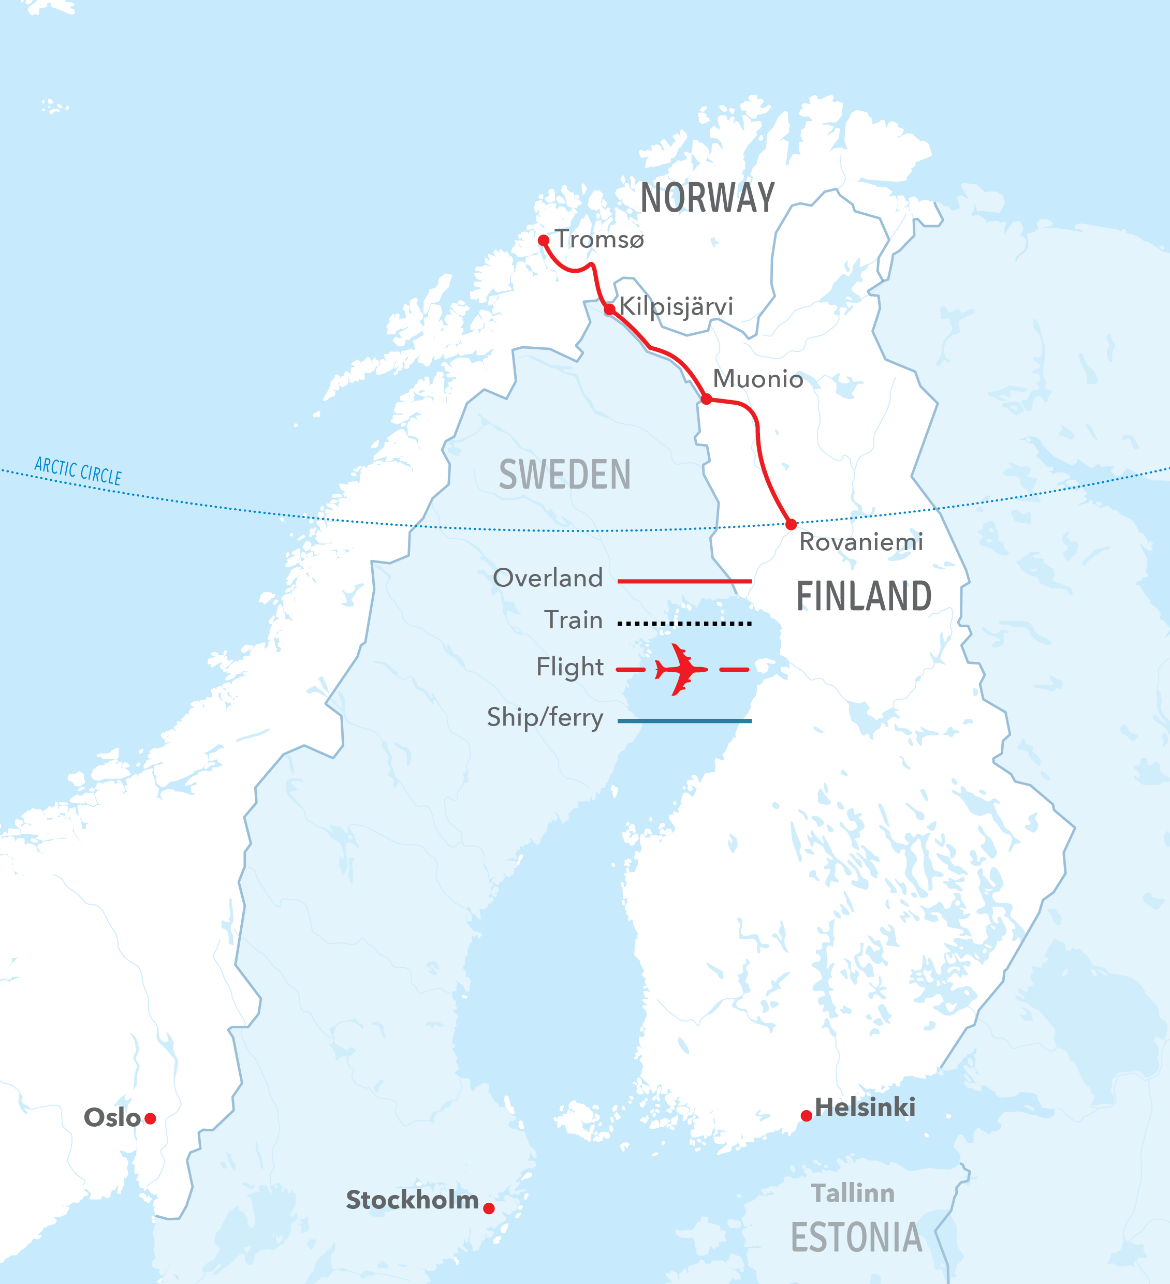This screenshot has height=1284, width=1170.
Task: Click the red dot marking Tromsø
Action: tap(543, 240)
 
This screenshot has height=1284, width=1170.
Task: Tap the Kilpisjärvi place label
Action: tap(676, 306)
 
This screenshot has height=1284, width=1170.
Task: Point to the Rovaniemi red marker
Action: tap(791, 524)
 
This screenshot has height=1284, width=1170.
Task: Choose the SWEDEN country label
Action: tap(565, 475)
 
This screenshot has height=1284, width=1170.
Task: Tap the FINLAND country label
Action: tap(864, 596)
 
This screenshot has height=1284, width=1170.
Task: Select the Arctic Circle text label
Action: tap(78, 470)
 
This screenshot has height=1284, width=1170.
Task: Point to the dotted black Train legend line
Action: tap(684, 624)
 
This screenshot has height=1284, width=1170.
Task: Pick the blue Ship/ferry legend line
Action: tap(684, 721)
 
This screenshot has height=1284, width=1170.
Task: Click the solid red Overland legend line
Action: tap(684, 581)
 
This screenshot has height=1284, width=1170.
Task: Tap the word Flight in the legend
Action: tap(569, 667)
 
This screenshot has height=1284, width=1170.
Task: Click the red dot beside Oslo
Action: tap(151, 1118)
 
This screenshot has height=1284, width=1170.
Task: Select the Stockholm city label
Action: tap(412, 1200)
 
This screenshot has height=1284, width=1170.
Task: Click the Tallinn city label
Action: tap(852, 1193)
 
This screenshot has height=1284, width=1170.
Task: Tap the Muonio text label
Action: tap(758, 379)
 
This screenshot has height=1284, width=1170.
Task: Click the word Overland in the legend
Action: tap(547, 578)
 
